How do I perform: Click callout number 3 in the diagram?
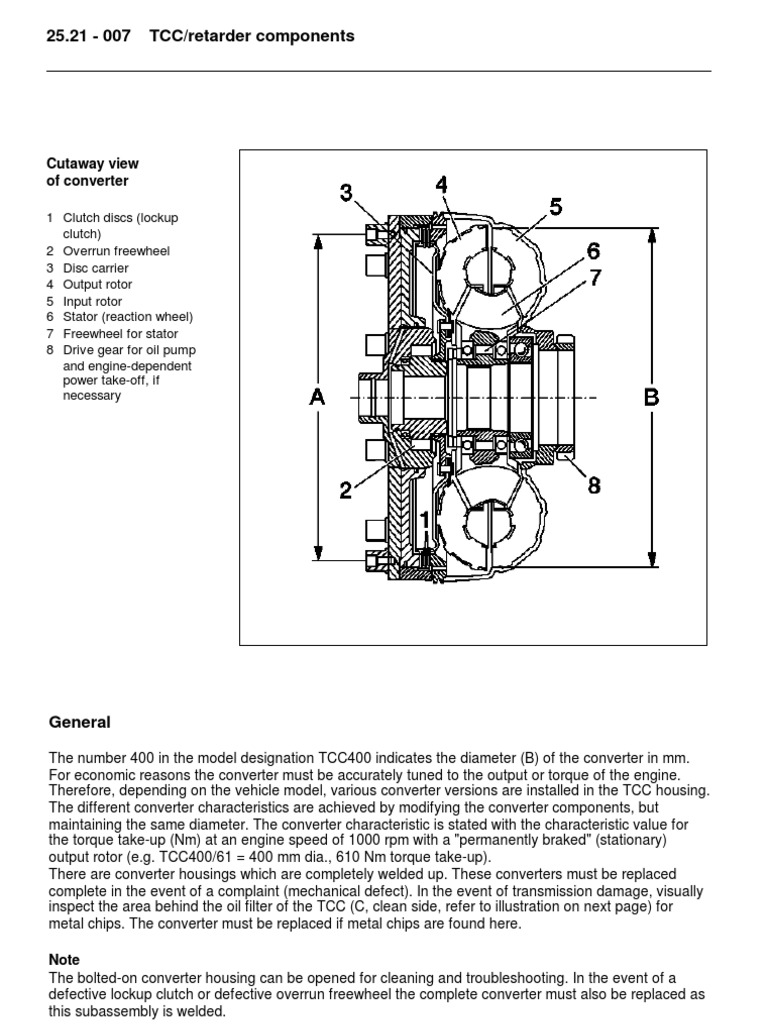pyautogui.click(x=346, y=193)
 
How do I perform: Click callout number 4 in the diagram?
pyautogui.click(x=442, y=185)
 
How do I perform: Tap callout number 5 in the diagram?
pyautogui.click(x=555, y=207)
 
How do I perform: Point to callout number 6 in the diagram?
pyautogui.click(x=593, y=251)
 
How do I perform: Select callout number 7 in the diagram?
pyautogui.click(x=596, y=278)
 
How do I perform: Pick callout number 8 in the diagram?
pyautogui.click(x=594, y=485)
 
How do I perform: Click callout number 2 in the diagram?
pyautogui.click(x=346, y=490)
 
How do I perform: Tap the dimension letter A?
pyautogui.click(x=317, y=398)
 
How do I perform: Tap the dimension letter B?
pyautogui.click(x=651, y=397)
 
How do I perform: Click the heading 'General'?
pyautogui.click(x=79, y=722)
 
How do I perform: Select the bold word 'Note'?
pyautogui.click(x=63, y=960)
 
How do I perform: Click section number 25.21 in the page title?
pyautogui.click(x=68, y=36)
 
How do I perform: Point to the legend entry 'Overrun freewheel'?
pyautogui.click(x=116, y=251)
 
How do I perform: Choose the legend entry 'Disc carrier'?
pyautogui.click(x=96, y=268)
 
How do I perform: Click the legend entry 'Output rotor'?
pyautogui.click(x=97, y=284)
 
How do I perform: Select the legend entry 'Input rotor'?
pyautogui.click(x=93, y=301)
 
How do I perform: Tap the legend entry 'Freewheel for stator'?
pyautogui.click(x=121, y=334)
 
